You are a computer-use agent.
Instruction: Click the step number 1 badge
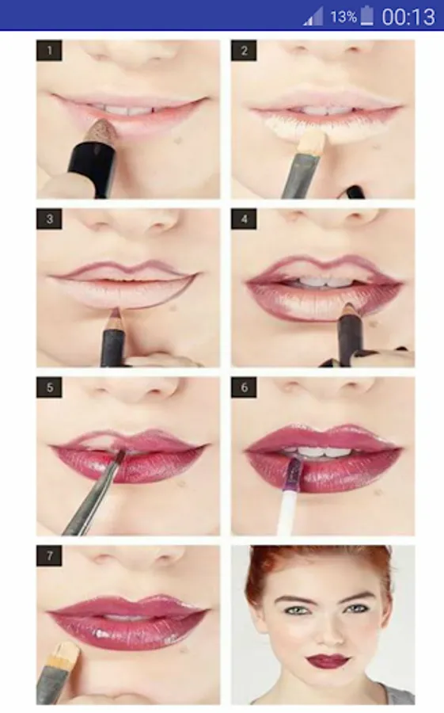pyautogui.click(x=49, y=51)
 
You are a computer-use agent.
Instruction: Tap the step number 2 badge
pyautogui.click(x=244, y=51)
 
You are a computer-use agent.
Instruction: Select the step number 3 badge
pyautogui.click(x=49, y=219)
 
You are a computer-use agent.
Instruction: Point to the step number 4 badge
pyautogui.click(x=244, y=219)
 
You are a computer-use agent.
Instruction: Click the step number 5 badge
pyautogui.click(x=49, y=388)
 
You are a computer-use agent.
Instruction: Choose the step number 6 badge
pyautogui.click(x=244, y=388)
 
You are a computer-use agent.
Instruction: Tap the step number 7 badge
pyautogui.click(x=49, y=555)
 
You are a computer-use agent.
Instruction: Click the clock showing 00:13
pyautogui.click(x=408, y=17)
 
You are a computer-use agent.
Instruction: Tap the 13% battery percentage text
pyautogui.click(x=343, y=17)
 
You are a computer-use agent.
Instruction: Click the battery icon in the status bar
pyautogui.click(x=366, y=17)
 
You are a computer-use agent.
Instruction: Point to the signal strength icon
pyautogui.click(x=313, y=17)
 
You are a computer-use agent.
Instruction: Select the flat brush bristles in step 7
pyautogui.click(x=67, y=651)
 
